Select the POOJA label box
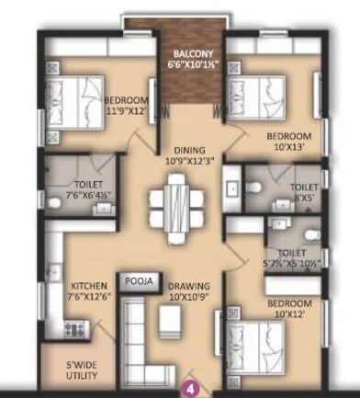[140, 279]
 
